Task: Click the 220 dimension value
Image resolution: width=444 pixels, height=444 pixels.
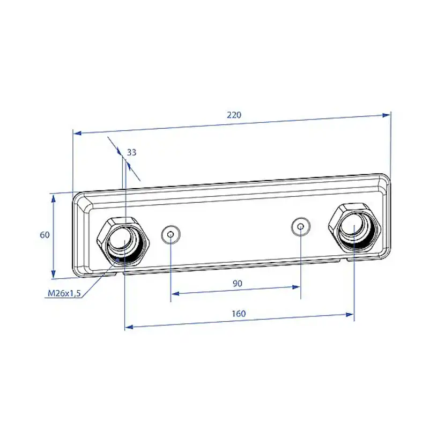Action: click(234, 115)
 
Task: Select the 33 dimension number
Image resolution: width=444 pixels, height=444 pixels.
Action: click(131, 152)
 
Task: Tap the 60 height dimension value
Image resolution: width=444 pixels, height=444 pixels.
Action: click(45, 235)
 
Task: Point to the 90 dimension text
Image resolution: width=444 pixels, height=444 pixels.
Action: click(238, 284)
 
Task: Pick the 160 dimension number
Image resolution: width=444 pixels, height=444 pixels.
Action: click(239, 314)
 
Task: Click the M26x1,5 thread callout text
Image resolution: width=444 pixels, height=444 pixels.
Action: click(64, 293)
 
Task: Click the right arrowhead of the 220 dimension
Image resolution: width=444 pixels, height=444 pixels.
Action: click(386, 115)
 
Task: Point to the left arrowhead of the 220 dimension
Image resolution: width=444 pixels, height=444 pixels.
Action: click(77, 133)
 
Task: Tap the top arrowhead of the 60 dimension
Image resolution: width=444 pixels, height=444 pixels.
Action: click(54, 199)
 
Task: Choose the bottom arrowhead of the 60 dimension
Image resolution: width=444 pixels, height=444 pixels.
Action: click(53, 274)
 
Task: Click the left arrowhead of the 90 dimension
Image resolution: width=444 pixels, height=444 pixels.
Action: click(175, 294)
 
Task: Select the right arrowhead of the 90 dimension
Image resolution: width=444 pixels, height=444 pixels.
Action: click(296, 287)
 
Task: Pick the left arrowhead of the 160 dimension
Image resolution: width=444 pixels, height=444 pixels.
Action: click(129, 327)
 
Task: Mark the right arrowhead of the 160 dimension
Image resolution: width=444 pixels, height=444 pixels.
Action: click(350, 315)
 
